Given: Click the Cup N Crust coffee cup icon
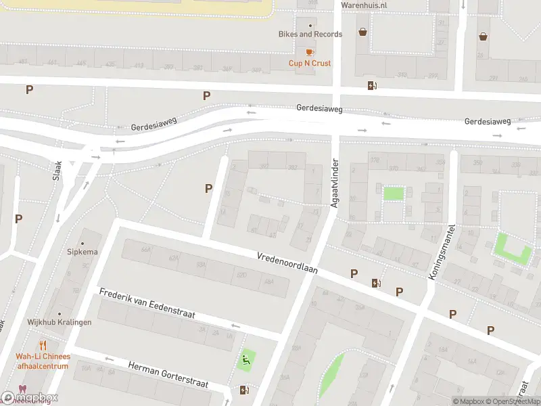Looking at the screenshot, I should click(310, 52).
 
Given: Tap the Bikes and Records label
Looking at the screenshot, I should click(310, 34).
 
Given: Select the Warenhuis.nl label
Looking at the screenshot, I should click(363, 5).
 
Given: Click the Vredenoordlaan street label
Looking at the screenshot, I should click(287, 264).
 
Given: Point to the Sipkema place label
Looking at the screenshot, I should click(83, 252).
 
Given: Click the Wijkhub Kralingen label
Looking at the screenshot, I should click(60, 322).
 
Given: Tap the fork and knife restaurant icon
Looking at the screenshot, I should click(43, 345).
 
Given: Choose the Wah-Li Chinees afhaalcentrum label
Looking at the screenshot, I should click(43, 361).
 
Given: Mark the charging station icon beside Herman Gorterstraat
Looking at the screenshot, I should click(244, 390).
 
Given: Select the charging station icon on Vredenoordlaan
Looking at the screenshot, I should click(375, 284).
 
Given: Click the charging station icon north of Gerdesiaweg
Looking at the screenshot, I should click(371, 85).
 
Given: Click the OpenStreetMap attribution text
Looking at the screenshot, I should click(515, 401).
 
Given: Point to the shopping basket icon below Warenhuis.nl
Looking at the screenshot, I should click(363, 32).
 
